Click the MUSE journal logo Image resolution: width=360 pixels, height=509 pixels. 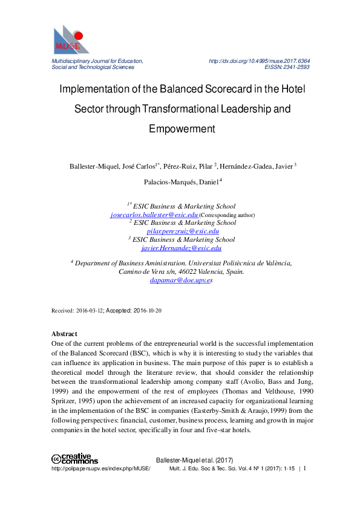pos(71,40)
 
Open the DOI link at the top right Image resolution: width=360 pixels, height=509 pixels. pos(259,61)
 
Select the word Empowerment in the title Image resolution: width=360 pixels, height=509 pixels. pos(182,129)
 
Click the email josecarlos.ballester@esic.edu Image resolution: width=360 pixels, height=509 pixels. pos(154,215)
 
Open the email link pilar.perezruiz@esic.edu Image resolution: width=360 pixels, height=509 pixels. pos(183,231)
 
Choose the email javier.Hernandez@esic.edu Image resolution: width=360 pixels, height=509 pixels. pos(181,248)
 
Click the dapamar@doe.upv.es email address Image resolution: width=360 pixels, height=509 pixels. pos(180,280)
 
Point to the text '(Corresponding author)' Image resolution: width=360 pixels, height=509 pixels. pos(227,215)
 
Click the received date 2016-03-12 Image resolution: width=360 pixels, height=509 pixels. pos(90,310)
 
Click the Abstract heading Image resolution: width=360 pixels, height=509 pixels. pos(64,334)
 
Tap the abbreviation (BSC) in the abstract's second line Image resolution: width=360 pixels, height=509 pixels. pos(154,353)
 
